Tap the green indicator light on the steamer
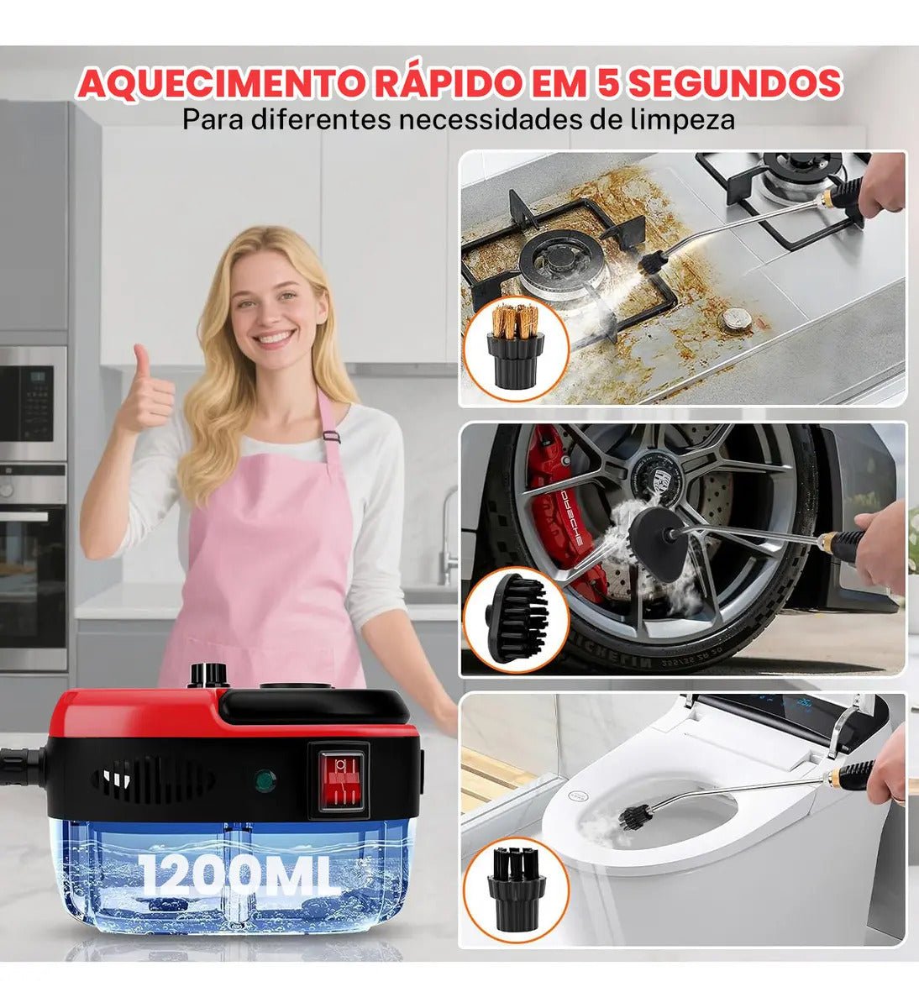pyautogui.click(x=265, y=781)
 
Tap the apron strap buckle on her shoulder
pyautogui.click(x=332, y=436)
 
